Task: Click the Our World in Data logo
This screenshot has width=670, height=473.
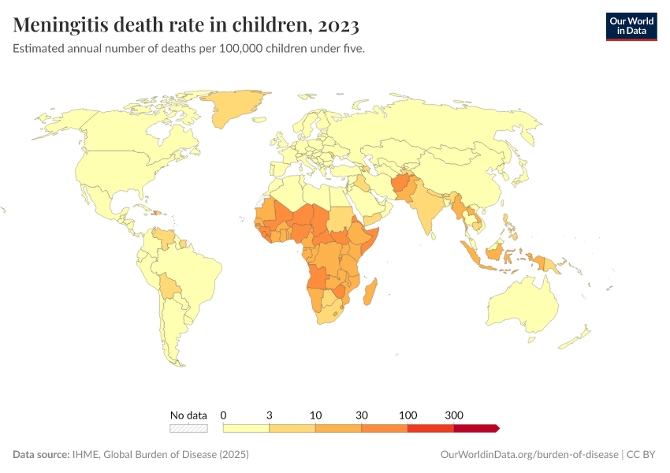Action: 631,25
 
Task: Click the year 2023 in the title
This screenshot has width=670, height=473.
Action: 337,25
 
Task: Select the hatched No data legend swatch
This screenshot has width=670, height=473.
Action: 188,428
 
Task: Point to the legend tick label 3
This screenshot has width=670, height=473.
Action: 270,415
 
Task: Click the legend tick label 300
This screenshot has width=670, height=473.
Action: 454,415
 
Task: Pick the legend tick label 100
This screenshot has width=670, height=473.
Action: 408,415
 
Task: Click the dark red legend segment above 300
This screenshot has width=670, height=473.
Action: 475,428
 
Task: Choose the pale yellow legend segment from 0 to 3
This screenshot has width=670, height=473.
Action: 247,428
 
